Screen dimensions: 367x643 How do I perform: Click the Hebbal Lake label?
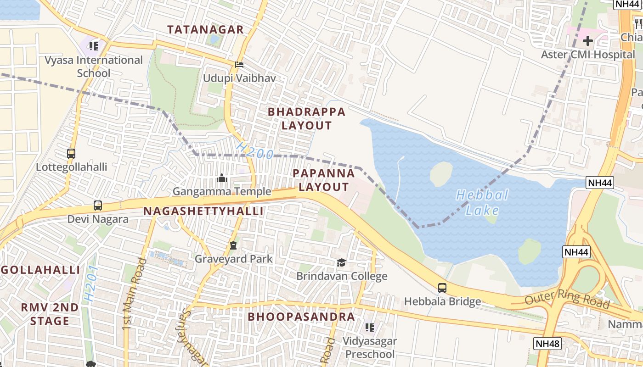[482, 203]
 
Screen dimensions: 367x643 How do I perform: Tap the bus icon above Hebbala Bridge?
[442, 288]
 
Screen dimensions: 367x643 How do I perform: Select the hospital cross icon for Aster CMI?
[588, 41]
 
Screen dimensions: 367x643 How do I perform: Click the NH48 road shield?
[547, 343]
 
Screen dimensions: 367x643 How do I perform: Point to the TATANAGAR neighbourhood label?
[205, 30]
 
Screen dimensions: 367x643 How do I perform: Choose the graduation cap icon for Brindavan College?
[341, 262]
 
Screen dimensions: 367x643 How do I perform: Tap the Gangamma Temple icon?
[221, 178]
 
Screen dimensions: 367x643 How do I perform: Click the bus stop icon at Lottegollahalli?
[71, 154]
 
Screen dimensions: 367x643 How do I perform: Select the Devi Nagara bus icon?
[98, 206]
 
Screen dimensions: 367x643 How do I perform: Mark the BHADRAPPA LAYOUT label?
[306, 118]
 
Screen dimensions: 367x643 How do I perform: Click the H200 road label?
[255, 151]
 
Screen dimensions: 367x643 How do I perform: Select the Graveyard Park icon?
[233, 245]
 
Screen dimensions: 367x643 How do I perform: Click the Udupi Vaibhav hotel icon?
[239, 65]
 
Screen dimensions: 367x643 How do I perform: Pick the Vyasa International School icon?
[94, 46]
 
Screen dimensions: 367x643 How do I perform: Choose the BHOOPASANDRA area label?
[301, 317]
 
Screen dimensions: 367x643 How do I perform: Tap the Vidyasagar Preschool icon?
[370, 327]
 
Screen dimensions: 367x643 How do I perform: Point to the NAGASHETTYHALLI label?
[203, 211]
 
